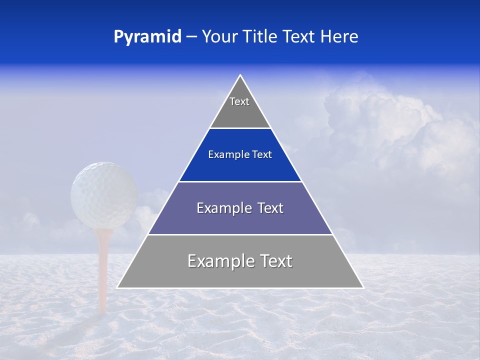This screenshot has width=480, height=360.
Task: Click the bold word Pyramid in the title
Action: click(147, 37)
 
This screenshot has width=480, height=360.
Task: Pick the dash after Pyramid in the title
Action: click(191, 37)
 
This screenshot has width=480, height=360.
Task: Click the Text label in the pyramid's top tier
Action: click(239, 101)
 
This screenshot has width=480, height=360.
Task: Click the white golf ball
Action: click(104, 195)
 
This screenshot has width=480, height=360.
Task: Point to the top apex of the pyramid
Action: click(240, 75)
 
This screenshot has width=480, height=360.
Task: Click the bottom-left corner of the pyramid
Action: click(117, 287)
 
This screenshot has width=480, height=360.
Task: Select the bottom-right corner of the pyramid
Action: click(363, 287)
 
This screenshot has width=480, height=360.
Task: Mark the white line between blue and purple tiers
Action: click(240, 181)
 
